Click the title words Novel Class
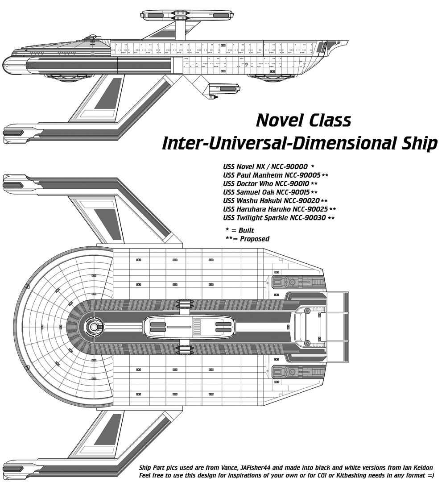point(304,120)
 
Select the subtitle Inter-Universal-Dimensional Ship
point(300,143)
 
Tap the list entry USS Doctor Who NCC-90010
point(266,183)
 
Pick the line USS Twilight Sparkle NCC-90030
point(274,218)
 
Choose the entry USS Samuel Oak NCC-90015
point(266,192)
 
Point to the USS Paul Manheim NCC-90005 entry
point(272,175)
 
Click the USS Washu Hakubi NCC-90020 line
point(271,200)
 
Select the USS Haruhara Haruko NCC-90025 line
point(275,209)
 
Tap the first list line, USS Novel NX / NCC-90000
point(265,166)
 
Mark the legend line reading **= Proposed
point(248,239)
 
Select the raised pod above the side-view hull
point(187,14)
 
